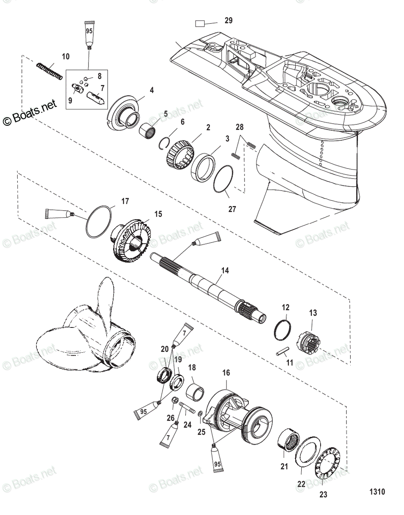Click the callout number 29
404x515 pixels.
pos(228,20)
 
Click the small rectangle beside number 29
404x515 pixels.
pos(201,23)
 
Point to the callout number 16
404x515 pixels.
pos(226,373)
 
